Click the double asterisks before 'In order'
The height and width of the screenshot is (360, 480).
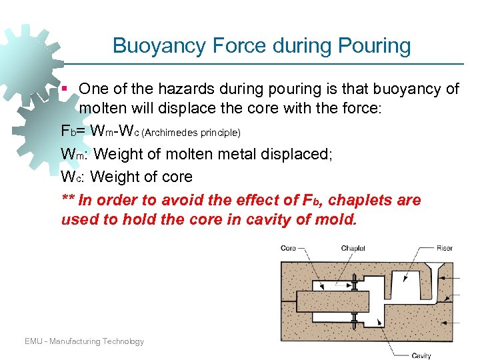pos(67,200)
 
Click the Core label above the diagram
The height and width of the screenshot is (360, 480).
pos(288,249)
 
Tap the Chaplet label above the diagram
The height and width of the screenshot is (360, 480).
pos(353,249)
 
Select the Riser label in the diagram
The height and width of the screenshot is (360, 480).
pos(445,249)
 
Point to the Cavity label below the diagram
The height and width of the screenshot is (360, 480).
pos(421,355)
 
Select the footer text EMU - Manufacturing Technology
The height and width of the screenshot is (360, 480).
pos(84,341)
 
